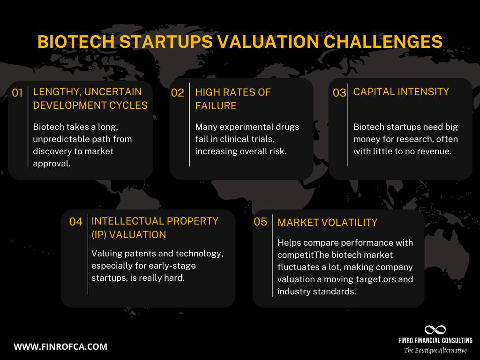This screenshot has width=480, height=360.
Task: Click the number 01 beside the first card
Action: pos(17,93)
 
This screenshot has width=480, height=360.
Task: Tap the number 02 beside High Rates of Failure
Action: pos(178,93)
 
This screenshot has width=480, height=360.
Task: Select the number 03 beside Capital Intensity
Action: pos(339,93)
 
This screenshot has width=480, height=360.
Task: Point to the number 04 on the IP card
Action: pos(76,222)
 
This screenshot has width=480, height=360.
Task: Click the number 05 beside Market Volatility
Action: pos(260,222)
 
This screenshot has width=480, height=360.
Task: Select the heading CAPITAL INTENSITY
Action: pos(401,92)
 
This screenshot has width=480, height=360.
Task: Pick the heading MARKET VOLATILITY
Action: pos(327,222)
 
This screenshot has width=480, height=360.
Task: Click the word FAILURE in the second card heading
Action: pos(216,105)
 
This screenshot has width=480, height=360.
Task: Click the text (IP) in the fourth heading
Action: pos(100,234)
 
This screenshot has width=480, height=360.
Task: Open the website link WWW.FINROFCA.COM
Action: pos(60,347)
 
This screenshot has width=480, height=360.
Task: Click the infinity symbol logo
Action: pos(435,330)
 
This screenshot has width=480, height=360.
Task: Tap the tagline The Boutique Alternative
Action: pos(435,350)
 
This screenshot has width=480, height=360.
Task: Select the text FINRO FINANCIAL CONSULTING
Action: pos(435,340)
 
